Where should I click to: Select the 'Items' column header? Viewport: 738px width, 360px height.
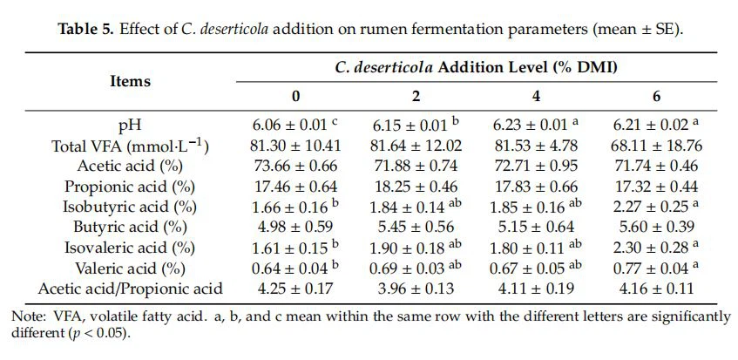tap(130, 81)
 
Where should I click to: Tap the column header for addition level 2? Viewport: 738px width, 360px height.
tap(416, 95)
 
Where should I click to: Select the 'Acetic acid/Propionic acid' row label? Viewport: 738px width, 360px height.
tap(130, 289)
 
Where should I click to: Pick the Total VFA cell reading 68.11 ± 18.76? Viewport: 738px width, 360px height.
tap(659, 146)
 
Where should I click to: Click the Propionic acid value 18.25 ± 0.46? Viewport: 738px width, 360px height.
tap(416, 187)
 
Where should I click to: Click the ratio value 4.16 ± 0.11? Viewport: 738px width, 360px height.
tap(659, 289)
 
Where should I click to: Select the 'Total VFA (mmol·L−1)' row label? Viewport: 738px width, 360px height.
tap(130, 146)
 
